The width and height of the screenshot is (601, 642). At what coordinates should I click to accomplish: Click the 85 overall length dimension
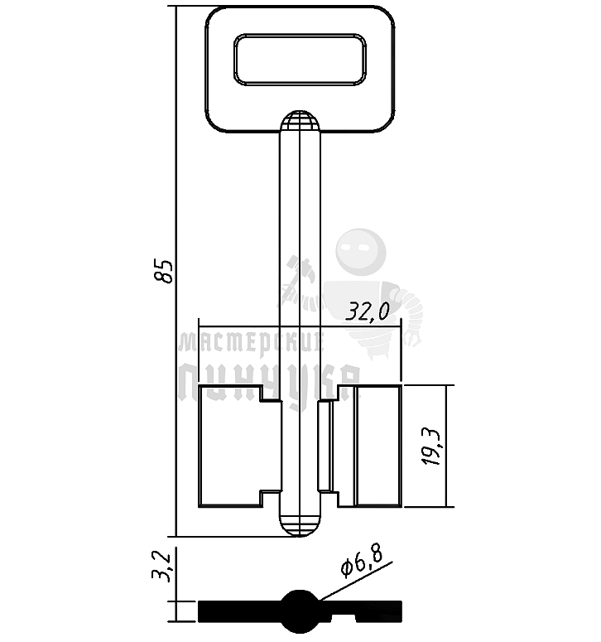coord(166,272)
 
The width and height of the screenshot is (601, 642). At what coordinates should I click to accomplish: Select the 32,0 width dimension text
coord(368,311)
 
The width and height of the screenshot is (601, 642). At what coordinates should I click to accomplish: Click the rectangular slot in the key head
coord(300,60)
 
